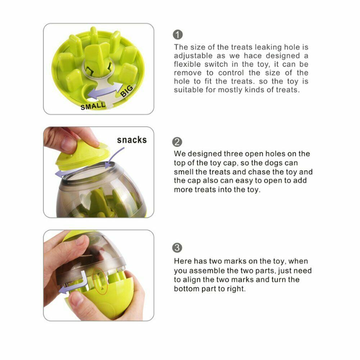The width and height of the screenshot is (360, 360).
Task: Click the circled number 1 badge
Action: [x=178, y=35]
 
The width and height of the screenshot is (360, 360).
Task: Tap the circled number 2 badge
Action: [x=177, y=142]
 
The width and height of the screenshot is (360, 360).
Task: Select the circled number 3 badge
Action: [x=177, y=248]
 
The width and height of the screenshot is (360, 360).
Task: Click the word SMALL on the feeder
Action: [x=93, y=106]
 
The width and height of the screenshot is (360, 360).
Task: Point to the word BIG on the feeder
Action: [x=126, y=91]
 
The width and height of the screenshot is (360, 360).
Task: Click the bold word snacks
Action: [x=132, y=140]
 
